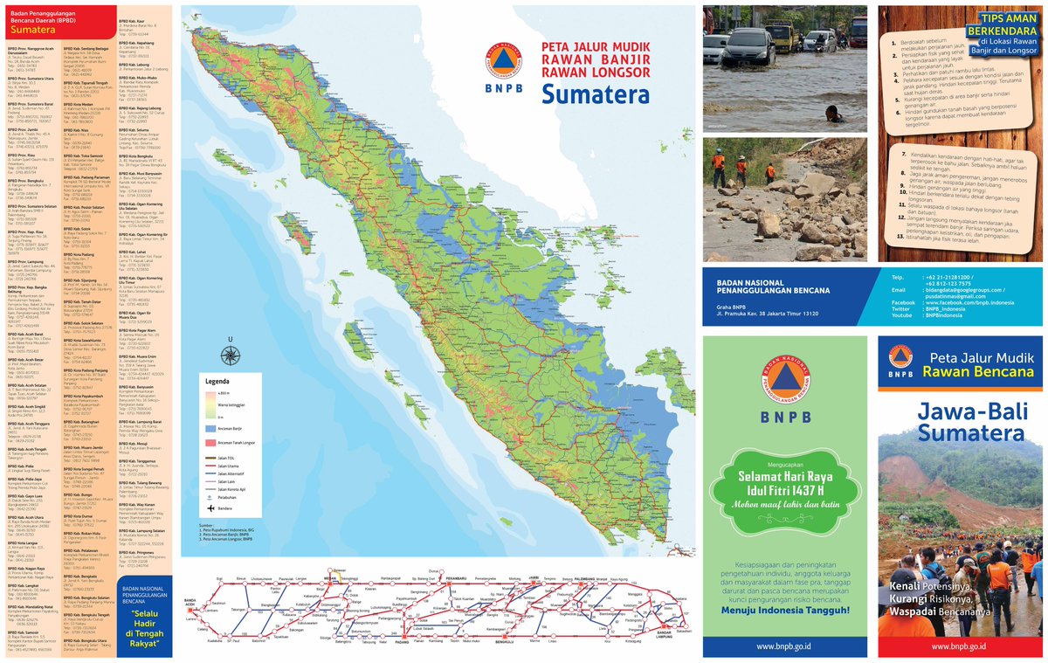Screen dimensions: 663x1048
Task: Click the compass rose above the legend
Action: pyautogui.click(x=231, y=355)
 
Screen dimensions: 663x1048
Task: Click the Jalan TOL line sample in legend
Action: pyautogui.click(x=210, y=459)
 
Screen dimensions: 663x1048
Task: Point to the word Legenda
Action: pyautogui.click(x=217, y=382)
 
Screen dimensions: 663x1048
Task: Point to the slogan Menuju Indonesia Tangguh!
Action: pyautogui.click(x=784, y=610)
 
